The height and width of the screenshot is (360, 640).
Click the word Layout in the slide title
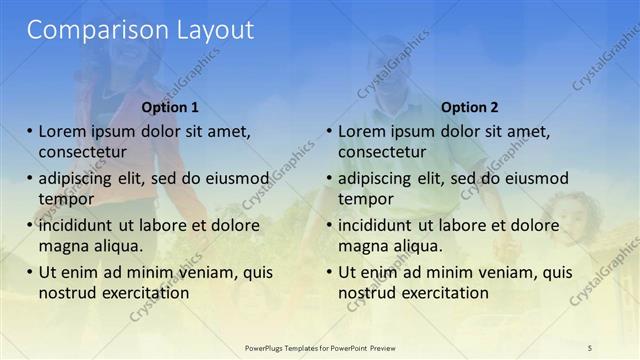click(208, 30)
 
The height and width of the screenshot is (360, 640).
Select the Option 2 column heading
click(469, 107)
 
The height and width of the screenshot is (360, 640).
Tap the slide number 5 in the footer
click(590, 347)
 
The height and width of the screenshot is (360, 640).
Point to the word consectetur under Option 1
click(82, 152)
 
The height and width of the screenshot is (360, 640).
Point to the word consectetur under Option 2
click(382, 152)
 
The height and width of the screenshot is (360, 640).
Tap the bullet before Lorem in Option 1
click(30, 131)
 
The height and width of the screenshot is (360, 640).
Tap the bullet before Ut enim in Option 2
click(329, 272)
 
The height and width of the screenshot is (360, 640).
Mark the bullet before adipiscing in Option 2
click(329, 178)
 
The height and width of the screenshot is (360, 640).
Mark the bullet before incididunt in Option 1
click(30, 225)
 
